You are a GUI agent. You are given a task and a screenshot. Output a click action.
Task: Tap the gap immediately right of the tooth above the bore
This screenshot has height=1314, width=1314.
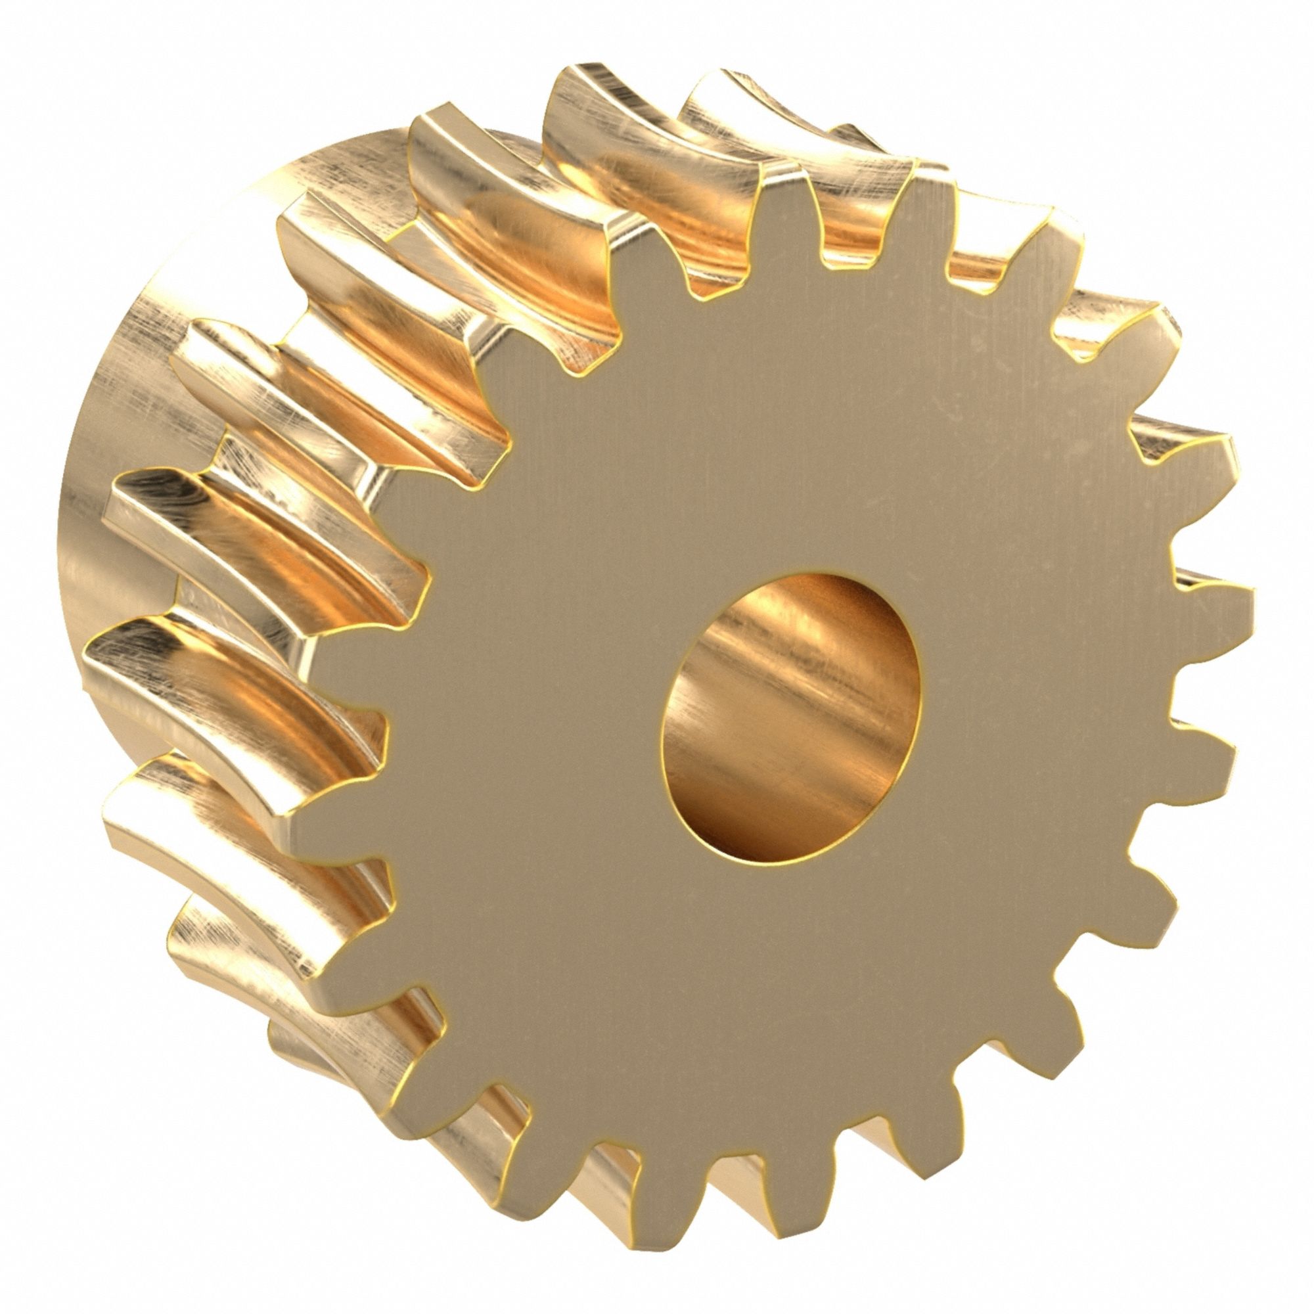pos(857,245)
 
